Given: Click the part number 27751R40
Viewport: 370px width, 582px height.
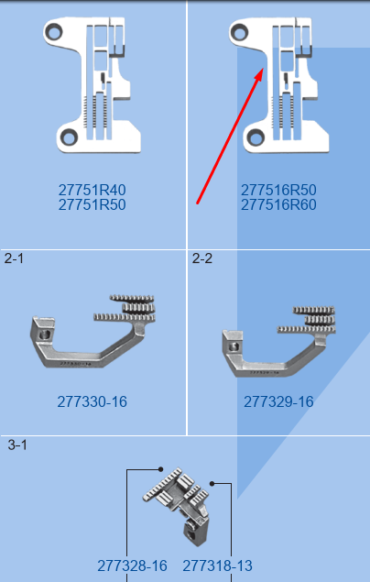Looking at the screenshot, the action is (92, 190).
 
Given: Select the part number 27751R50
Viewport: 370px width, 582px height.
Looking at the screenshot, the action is (92, 205).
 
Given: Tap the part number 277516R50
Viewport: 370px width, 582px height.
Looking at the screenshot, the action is (278, 190).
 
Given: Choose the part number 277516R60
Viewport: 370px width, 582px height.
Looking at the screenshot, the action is (278, 205).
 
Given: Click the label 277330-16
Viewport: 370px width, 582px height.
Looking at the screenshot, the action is (92, 401).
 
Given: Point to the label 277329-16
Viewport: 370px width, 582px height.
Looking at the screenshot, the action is (278, 401).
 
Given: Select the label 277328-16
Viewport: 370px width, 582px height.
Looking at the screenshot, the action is (132, 566).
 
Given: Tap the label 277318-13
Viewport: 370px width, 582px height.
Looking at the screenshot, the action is (217, 566).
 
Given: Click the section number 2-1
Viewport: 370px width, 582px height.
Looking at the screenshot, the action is (14, 258).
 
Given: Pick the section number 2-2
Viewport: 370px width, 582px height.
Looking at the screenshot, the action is (202, 258).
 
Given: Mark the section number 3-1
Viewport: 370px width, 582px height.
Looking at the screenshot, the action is (17, 445).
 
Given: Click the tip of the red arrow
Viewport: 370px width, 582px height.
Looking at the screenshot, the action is (263, 68).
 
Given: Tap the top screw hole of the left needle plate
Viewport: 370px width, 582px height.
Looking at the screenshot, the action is (54, 32).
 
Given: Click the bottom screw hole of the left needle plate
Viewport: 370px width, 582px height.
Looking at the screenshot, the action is (69, 137).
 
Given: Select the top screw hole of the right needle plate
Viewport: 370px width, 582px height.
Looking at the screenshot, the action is (239, 31).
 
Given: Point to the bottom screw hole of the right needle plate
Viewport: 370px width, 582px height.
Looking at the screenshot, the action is (256, 137).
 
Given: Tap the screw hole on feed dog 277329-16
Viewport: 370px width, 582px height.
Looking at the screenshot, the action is (234, 346).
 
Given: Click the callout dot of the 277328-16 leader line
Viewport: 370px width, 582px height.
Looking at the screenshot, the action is (160, 469).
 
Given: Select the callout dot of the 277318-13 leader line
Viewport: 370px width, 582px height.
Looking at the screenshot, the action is (212, 484).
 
